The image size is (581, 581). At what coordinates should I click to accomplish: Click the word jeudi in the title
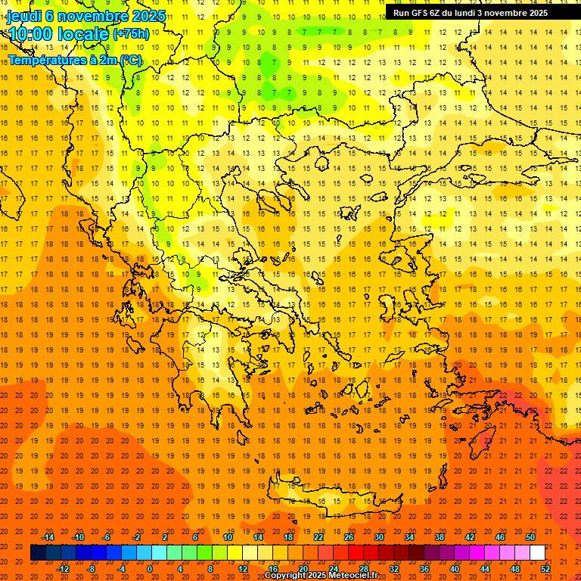click(23, 16)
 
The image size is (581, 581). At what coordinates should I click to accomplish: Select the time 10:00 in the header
click(33, 34)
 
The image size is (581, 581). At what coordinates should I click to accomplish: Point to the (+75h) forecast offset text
click(131, 34)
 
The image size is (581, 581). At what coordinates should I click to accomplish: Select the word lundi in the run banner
click(461, 13)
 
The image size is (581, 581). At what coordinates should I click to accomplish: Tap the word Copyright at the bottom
click(284, 576)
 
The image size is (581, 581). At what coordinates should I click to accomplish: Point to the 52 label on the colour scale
click(545, 569)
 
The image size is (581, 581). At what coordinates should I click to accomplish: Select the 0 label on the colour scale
click(150, 569)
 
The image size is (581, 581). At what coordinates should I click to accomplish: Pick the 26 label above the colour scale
click(349, 537)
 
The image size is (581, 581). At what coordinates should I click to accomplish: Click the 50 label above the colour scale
click(530, 537)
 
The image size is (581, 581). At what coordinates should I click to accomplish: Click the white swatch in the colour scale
click(537, 553)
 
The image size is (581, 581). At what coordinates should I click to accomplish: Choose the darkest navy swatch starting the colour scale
click(38, 553)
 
